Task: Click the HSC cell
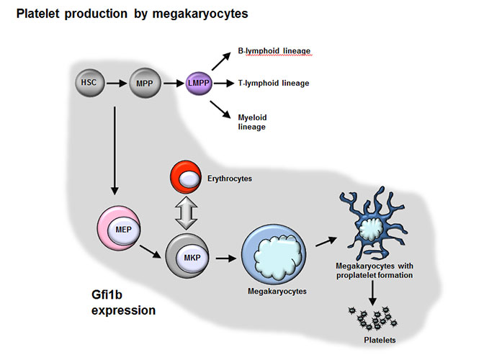point(89,83)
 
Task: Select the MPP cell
point(145,84)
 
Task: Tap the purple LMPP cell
point(199,84)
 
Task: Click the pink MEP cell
point(119,228)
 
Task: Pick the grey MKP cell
point(187,256)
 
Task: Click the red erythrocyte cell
point(186,177)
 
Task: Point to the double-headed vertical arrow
point(186,213)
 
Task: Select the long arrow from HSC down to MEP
point(115,150)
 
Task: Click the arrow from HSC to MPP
point(117,84)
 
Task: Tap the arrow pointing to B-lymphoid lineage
point(221,61)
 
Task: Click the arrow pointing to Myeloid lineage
point(220,109)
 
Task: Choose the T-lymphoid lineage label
point(274,84)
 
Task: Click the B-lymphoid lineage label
point(274,51)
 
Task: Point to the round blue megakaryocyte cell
point(274,254)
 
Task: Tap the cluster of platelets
point(373,318)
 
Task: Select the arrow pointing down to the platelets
point(372,293)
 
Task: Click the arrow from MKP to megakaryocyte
point(226,258)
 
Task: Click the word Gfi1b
point(107,294)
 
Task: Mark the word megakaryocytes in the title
point(200,14)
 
